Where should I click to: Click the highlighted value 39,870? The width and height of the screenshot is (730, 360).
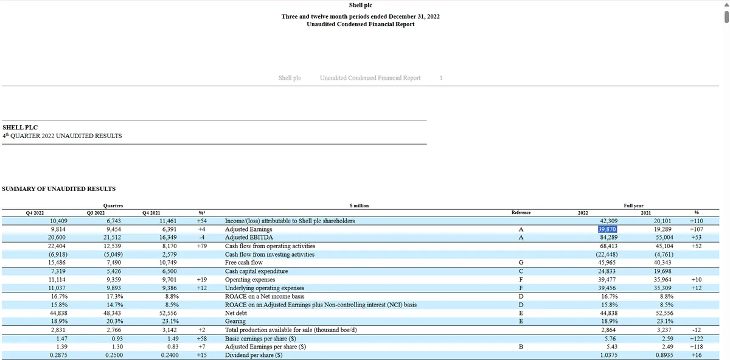[608, 229]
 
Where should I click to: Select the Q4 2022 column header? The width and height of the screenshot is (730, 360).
[35, 213]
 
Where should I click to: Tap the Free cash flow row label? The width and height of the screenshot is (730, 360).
[244, 263]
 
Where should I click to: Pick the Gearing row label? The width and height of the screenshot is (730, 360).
[235, 321]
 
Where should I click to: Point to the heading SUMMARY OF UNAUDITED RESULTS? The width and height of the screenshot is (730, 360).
[59, 189]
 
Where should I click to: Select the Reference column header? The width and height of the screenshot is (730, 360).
[521, 213]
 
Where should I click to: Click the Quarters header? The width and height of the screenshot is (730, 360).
[114, 206]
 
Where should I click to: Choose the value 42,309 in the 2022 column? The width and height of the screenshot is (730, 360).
[609, 221]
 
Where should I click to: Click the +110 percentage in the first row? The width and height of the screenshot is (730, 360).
[697, 221]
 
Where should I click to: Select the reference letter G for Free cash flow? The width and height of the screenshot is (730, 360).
[521, 263]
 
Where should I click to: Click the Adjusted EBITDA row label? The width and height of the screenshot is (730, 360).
[249, 237]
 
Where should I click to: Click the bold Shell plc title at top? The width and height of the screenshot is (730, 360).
[360, 5]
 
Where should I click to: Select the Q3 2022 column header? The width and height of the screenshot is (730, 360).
[96, 213]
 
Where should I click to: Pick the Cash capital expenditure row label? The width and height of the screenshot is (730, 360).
[256, 271]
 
